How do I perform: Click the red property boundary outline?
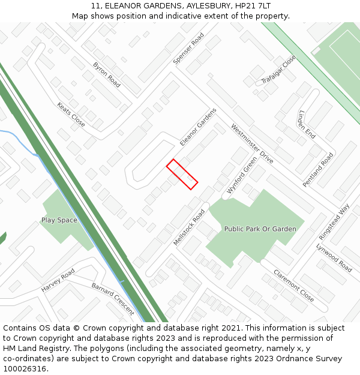[x=182, y=174]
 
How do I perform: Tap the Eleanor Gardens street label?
[x=198, y=127]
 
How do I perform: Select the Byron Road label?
[x=107, y=74]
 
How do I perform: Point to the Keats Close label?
[x=71, y=114]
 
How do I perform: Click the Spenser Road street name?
[x=188, y=49]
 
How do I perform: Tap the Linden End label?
[x=307, y=125]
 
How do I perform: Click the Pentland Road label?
[x=318, y=170]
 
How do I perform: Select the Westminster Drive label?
[x=252, y=144]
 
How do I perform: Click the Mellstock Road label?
[x=189, y=227]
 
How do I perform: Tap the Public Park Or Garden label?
[x=260, y=229]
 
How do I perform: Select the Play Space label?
[x=59, y=220]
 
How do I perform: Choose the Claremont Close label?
[x=293, y=285]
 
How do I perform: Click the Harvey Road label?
[x=58, y=281]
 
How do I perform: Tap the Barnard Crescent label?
[x=113, y=298]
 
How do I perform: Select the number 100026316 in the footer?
[x=25, y=368]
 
